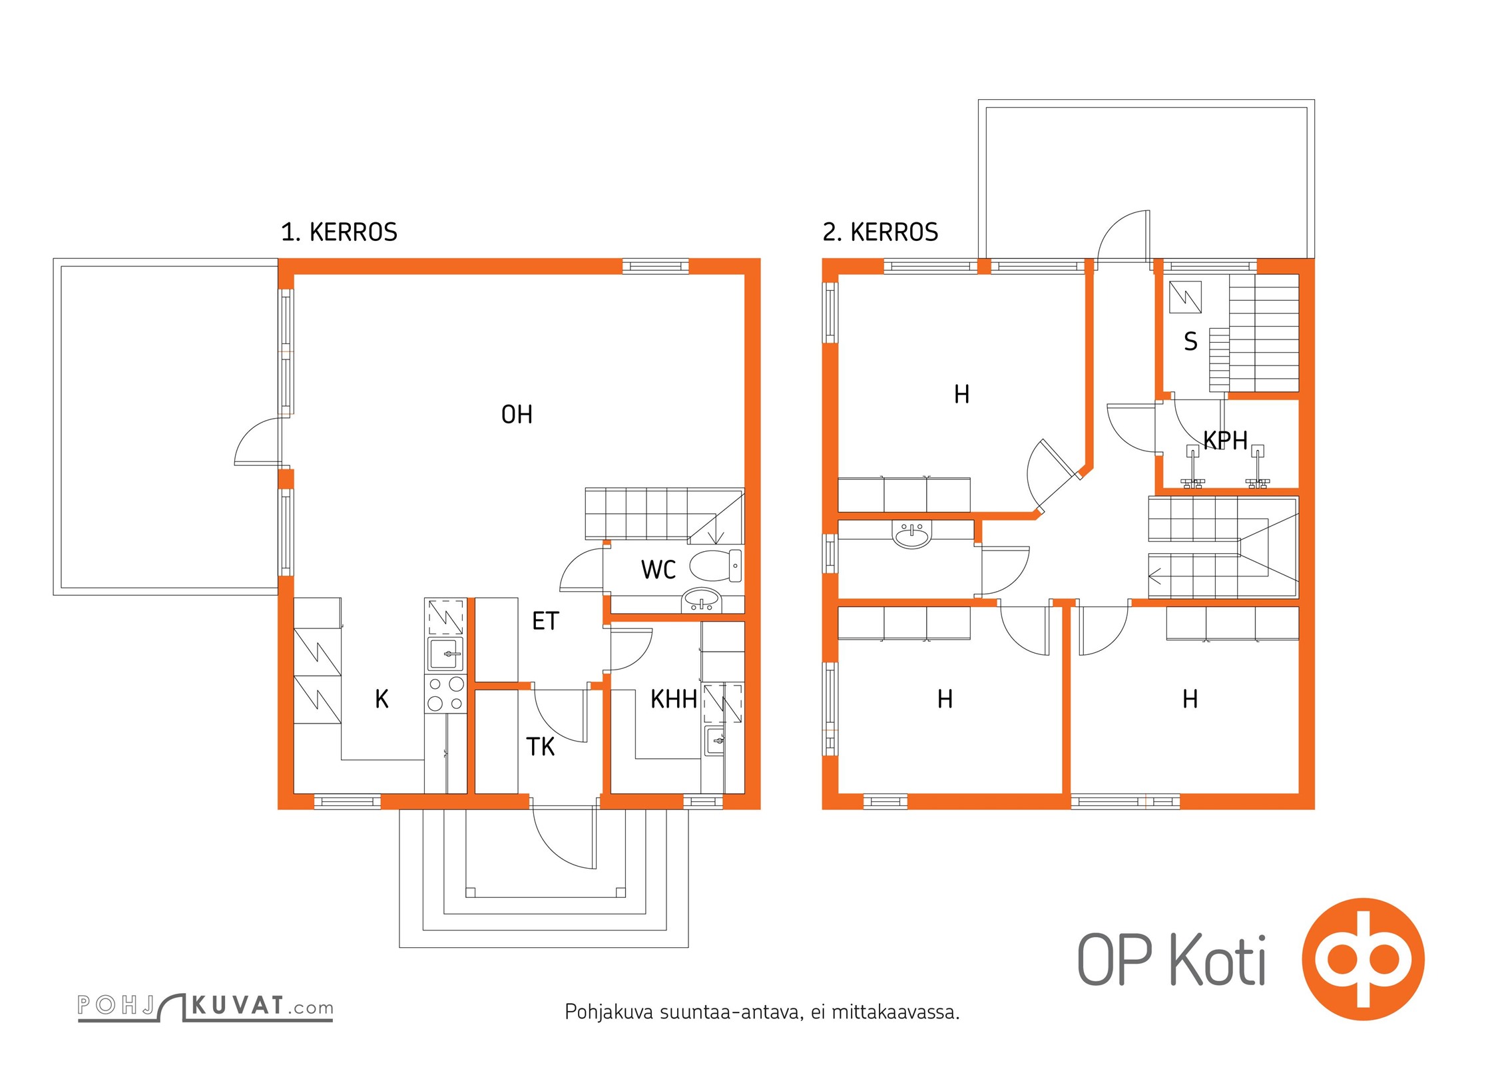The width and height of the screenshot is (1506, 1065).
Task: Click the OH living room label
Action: pyautogui.click(x=517, y=415)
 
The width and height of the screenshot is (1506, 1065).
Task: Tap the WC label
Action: pyautogui.click(x=658, y=570)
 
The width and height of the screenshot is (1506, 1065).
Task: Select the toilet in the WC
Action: pyautogui.click(x=716, y=566)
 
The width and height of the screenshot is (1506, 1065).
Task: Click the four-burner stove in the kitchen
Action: pyautogui.click(x=445, y=693)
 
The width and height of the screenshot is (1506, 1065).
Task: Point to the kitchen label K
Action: pyautogui.click(x=381, y=699)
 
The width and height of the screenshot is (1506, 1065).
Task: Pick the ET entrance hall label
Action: pyautogui.click(x=545, y=621)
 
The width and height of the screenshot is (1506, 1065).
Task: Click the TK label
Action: pyautogui.click(x=540, y=747)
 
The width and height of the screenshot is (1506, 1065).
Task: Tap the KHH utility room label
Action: pyautogui.click(x=674, y=700)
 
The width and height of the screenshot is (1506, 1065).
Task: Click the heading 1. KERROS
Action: pyautogui.click(x=339, y=232)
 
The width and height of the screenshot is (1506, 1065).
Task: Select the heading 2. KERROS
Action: pyautogui.click(x=880, y=232)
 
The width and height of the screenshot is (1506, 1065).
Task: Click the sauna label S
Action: pyautogui.click(x=1190, y=341)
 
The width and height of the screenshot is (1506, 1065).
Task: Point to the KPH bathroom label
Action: pyautogui.click(x=1225, y=440)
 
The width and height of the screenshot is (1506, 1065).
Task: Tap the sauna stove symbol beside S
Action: pyautogui.click(x=1185, y=297)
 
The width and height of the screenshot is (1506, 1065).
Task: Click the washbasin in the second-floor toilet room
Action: pyautogui.click(x=911, y=534)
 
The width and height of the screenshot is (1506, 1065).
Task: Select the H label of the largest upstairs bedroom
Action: pyautogui.click(x=961, y=394)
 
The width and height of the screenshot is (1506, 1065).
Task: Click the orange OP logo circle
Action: pyautogui.click(x=1363, y=959)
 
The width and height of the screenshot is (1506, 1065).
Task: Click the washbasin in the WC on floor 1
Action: pyautogui.click(x=701, y=600)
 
